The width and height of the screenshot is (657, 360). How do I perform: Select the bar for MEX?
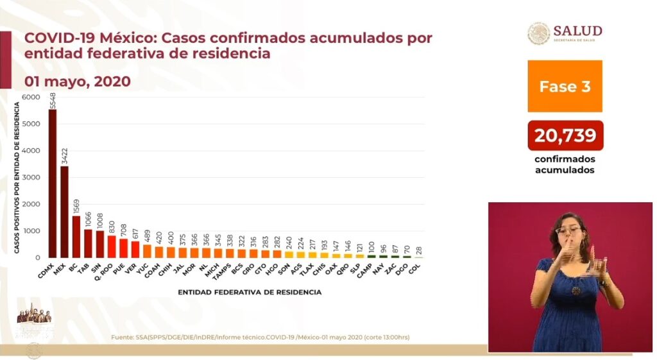[x=64, y=212]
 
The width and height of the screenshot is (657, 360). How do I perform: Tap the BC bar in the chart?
[x=76, y=236]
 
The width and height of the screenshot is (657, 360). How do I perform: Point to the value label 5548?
[x=53, y=101]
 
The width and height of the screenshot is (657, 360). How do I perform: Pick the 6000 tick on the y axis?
[x=30, y=98]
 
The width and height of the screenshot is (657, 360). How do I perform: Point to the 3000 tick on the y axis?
[x=30, y=178]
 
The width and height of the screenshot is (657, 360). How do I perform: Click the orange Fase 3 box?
[x=565, y=87]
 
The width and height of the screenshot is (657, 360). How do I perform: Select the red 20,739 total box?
[x=565, y=135]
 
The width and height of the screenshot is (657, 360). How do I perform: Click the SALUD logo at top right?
[x=565, y=33]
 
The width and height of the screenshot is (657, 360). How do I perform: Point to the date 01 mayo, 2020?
[x=77, y=81]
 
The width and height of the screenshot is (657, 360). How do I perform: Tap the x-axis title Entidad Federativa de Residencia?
[x=251, y=292]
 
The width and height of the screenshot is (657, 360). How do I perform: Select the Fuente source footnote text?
[x=260, y=337]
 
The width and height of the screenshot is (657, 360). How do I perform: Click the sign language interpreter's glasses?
[x=568, y=229]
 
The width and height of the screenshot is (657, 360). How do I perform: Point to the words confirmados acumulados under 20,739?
[x=565, y=164]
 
